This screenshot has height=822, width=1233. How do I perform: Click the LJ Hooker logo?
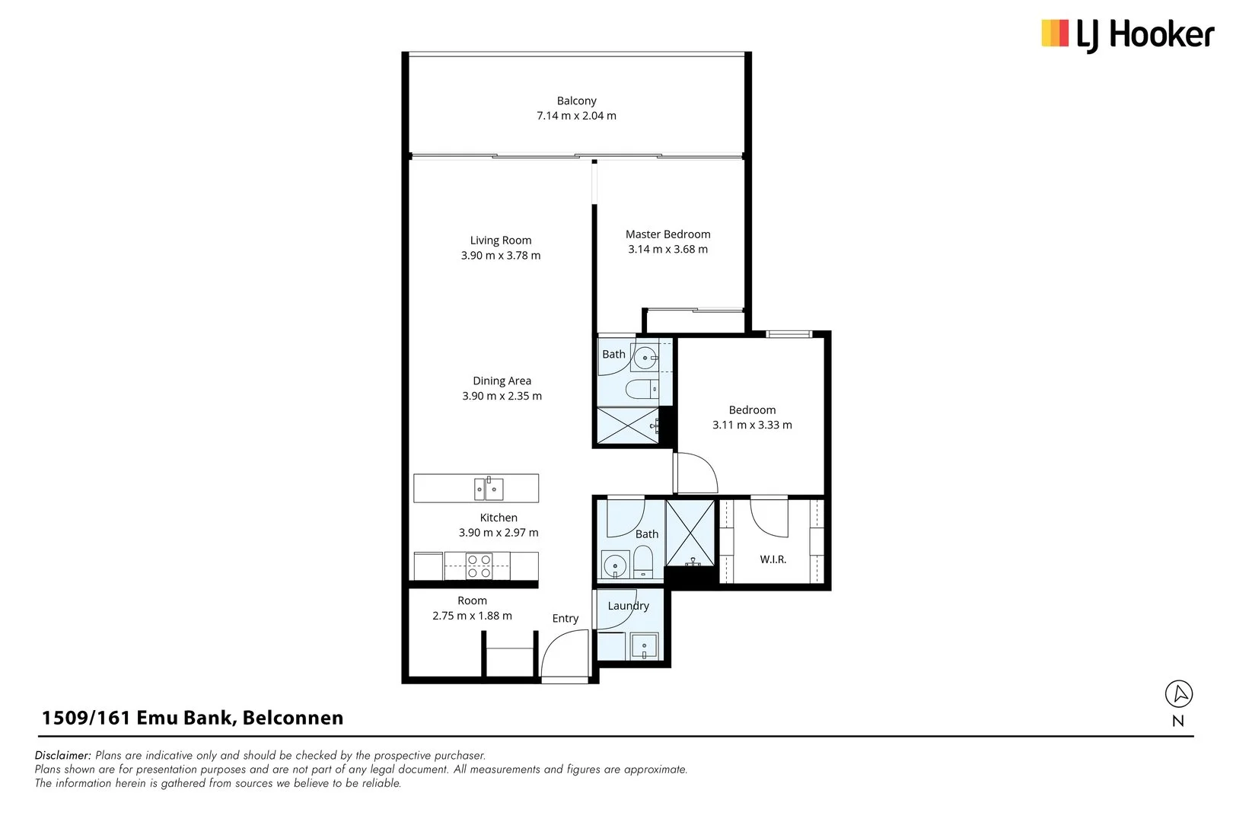click(x=1127, y=35)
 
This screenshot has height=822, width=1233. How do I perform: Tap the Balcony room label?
click(x=576, y=100)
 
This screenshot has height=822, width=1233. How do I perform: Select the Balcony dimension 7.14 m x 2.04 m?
click(x=576, y=116)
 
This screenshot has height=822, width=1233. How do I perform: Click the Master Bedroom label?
click(x=667, y=234)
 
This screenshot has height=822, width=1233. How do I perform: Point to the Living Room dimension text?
click(x=501, y=256)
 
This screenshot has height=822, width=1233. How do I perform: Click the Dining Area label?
click(x=502, y=381)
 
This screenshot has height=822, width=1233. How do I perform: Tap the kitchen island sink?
click(x=489, y=489)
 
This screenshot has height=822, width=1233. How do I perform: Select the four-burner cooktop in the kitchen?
click(x=479, y=566)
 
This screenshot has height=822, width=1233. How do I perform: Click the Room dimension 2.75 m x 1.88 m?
click(x=473, y=616)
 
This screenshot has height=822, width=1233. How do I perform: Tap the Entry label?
click(x=566, y=618)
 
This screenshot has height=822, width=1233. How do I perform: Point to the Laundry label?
click(x=629, y=606)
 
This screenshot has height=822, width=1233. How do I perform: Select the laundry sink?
click(x=645, y=646)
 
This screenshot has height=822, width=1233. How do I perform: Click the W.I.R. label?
click(x=773, y=559)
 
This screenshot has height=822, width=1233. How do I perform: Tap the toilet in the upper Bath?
click(x=642, y=389)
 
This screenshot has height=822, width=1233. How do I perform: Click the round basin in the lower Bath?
click(x=614, y=565)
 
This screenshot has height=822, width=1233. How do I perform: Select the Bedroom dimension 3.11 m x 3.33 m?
click(x=753, y=425)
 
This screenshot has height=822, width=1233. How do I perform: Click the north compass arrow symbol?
click(x=1179, y=693)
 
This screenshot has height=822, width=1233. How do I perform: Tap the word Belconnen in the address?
click(x=293, y=718)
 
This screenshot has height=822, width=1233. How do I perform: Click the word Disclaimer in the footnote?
click(x=62, y=755)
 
